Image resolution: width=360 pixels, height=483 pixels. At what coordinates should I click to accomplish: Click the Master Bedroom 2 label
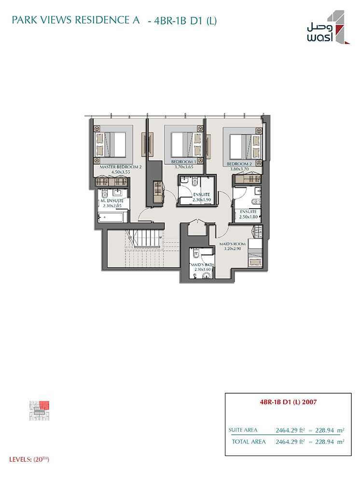[121, 167]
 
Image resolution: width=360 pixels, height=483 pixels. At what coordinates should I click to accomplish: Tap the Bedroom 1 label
[183, 162]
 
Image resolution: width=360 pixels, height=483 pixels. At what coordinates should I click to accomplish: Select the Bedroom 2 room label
[239, 164]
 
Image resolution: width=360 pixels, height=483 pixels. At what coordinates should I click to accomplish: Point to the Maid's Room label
[232, 244]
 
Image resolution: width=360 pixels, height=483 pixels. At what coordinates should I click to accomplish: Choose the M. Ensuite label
[112, 201]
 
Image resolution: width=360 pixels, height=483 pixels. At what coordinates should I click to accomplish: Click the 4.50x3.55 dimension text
[120, 172]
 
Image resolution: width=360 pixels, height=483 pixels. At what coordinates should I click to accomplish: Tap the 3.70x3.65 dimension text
[184, 167]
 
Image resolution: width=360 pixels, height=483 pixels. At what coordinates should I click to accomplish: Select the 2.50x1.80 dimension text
[249, 216]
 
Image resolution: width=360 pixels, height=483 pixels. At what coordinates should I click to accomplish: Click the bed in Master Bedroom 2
[113, 144]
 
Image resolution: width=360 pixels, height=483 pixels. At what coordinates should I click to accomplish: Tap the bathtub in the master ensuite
[111, 217]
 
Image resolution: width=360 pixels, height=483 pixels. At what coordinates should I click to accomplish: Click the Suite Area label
[243, 430]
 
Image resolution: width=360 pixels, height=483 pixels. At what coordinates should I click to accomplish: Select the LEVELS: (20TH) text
[29, 460]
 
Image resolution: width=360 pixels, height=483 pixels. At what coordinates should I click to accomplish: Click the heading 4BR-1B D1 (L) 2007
[288, 402]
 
